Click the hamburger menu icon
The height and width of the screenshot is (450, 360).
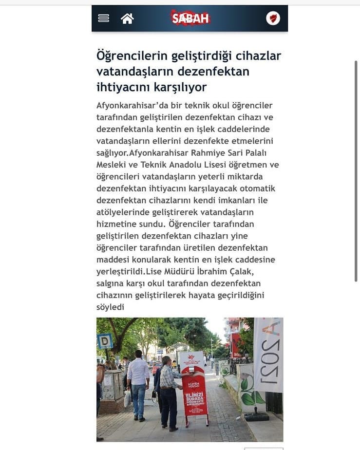[x=103, y=19]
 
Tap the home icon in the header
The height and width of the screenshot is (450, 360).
[x=127, y=19]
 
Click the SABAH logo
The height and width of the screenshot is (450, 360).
[x=190, y=19]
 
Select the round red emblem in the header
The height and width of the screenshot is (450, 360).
[x=273, y=19]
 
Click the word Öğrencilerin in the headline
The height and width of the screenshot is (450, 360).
[x=128, y=56]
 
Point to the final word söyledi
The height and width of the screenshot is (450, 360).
[x=111, y=307]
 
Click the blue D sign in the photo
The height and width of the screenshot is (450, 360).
[x=105, y=340]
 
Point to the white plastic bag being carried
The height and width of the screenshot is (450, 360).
[x=127, y=398]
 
